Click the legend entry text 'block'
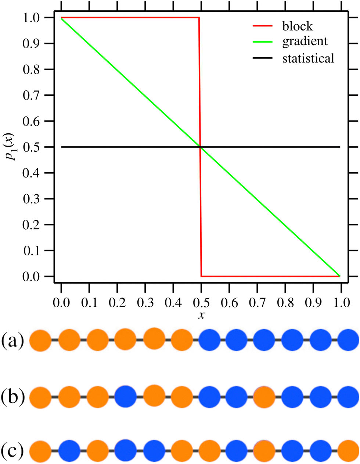click(x=298, y=26)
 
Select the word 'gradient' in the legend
click(x=305, y=42)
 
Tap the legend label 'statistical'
click(x=308, y=58)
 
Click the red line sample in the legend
click(x=262, y=26)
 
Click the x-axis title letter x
click(x=201, y=315)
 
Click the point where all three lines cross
click(x=200, y=147)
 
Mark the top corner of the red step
click(x=199, y=17)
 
